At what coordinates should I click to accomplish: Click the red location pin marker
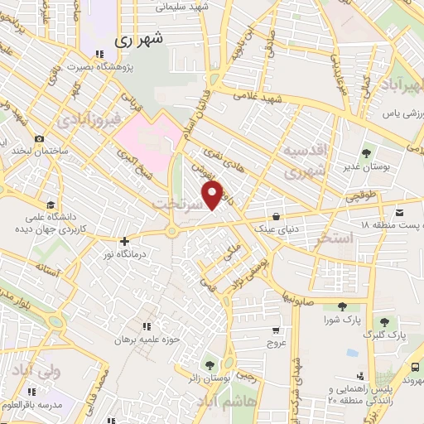[x=213, y=195]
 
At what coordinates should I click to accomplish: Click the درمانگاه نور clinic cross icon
[x=124, y=242]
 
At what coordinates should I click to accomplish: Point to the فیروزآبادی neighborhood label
[x=90, y=121]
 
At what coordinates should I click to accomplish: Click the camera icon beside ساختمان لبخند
[x=39, y=138]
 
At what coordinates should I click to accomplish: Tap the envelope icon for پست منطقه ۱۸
[x=401, y=210]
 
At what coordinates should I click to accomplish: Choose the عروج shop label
[x=275, y=341]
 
